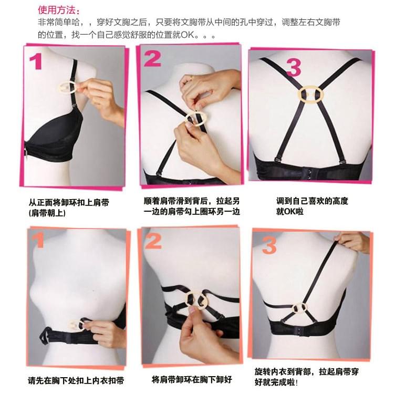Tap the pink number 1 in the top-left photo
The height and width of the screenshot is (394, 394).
coord(36,62)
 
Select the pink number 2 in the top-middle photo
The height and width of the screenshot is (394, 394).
coord(152,58)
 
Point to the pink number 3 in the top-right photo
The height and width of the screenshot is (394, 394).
coord(294,68)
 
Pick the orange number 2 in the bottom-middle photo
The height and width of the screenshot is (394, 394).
coord(153,241)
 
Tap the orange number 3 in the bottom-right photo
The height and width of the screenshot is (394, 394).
coord(269,245)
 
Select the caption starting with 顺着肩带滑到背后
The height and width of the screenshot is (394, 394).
coord(192,206)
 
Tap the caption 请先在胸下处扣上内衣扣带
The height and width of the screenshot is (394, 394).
coord(77,380)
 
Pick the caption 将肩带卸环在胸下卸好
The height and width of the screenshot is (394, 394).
coord(192,379)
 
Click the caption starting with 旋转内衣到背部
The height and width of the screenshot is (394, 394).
coord(306,377)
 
